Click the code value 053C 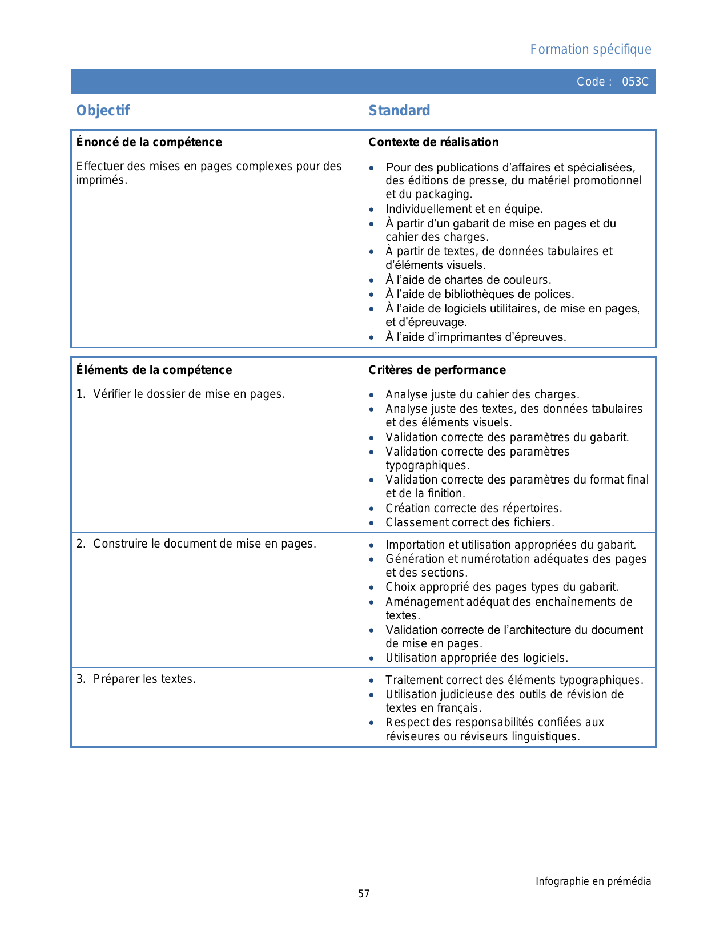(635, 82)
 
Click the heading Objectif (103, 110)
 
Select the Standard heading (399, 110)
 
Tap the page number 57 (364, 894)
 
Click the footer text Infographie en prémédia (593, 881)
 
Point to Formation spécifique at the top (590, 50)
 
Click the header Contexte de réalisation (433, 142)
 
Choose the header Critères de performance (437, 370)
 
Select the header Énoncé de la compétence (149, 142)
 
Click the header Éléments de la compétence (154, 370)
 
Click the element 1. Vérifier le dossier (180, 394)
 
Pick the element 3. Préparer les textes (136, 679)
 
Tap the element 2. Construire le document (196, 544)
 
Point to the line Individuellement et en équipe (464, 209)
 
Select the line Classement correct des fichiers (470, 522)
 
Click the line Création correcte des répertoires (474, 508)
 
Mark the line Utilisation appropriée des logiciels (477, 658)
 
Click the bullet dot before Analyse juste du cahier (372, 395)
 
